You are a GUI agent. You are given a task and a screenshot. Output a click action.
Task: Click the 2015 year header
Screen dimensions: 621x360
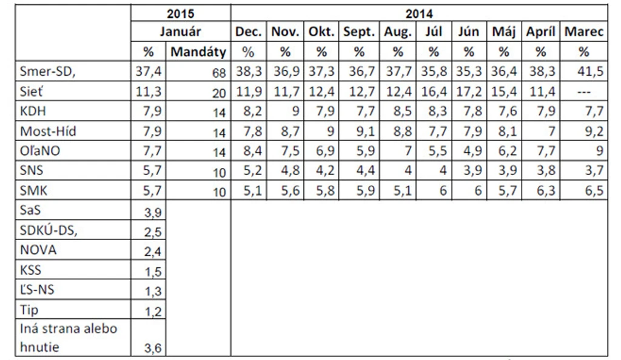[x=181, y=14]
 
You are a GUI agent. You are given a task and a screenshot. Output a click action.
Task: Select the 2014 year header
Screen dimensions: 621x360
[x=419, y=14]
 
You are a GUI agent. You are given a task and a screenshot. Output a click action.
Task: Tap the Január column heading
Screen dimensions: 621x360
[x=181, y=32]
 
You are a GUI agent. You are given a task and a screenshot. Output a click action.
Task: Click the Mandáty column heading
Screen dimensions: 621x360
[x=198, y=52]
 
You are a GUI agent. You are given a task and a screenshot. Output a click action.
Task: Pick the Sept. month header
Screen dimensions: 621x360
[x=359, y=32]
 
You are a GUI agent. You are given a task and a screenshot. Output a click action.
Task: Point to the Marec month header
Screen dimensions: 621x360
[x=584, y=32]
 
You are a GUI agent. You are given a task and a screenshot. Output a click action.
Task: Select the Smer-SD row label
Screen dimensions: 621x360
[x=47, y=71]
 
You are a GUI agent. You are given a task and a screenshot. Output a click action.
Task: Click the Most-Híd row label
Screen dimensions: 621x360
[x=48, y=131]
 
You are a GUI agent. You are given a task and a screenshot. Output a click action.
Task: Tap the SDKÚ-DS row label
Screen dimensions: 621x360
[x=49, y=230]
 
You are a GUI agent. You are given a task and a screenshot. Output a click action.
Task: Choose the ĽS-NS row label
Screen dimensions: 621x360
[x=37, y=290]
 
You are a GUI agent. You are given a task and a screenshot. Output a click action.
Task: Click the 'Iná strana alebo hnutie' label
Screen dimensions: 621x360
[x=69, y=338]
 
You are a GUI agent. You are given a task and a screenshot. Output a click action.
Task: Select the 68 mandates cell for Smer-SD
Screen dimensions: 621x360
[x=219, y=73]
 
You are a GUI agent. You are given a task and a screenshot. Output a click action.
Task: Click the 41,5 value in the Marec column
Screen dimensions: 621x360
[x=590, y=71]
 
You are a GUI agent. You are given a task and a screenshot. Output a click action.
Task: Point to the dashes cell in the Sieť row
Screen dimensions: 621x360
[x=584, y=92]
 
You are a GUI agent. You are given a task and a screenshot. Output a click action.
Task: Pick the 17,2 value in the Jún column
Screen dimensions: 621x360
[x=469, y=92]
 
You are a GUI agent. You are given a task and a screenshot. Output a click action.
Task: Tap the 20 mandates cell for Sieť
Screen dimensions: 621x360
[x=219, y=93]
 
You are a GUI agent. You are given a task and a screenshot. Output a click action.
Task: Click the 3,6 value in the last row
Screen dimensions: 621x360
[x=153, y=348]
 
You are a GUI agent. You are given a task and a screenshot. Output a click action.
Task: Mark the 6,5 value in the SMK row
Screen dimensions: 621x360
[x=594, y=191]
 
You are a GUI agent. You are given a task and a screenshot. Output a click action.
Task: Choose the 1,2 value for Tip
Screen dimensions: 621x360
[x=153, y=312]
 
